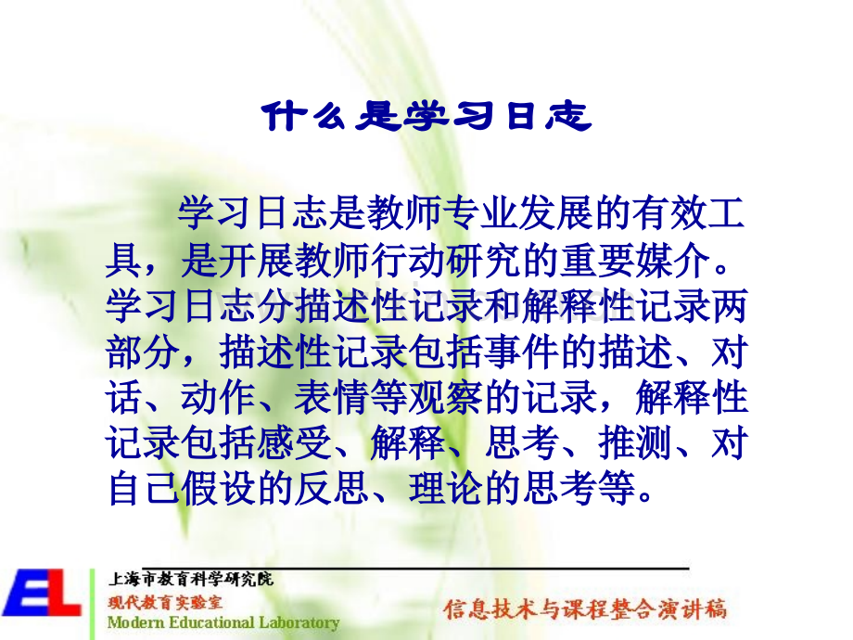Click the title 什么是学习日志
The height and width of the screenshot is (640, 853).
(426, 116)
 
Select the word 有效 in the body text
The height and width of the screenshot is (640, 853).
(668, 212)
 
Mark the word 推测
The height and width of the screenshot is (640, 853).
(635, 443)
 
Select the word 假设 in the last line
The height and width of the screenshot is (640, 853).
(219, 488)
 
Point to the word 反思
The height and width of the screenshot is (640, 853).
(332, 488)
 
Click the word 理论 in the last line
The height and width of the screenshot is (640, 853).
(446, 488)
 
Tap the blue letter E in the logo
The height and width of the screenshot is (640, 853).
(24, 594)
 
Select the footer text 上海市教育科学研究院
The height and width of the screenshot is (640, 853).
(190, 579)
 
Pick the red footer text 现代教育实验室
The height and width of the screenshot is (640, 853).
(165, 603)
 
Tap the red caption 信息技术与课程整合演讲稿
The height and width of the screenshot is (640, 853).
(585, 609)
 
